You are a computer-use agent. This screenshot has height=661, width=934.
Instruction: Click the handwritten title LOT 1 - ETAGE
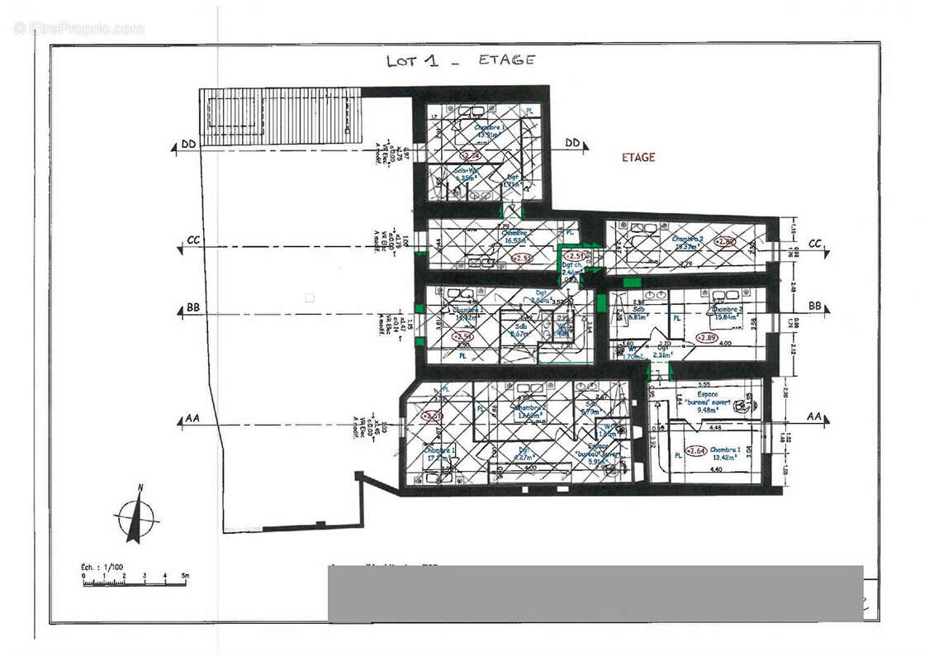click(x=460, y=60)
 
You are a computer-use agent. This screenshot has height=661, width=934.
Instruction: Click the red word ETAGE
click(x=638, y=157)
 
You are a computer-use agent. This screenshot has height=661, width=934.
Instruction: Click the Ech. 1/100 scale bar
click(x=135, y=580)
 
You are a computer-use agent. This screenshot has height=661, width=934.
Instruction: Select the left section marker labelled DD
click(x=188, y=145)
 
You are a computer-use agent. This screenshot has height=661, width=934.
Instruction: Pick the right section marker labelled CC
click(x=815, y=243)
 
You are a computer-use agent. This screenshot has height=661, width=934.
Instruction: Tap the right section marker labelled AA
click(x=814, y=416)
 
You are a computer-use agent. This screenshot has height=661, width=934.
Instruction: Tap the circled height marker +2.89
click(x=706, y=337)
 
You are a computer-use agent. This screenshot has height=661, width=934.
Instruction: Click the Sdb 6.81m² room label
click(x=638, y=313)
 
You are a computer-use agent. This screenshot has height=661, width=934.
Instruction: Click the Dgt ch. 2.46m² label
click(x=573, y=268)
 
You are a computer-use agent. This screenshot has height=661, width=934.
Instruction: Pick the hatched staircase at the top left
click(x=281, y=116)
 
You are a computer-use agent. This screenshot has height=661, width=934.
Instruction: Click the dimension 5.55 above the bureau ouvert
click(x=704, y=384)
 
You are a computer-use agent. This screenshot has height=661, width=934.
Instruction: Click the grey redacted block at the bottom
click(x=595, y=593)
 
